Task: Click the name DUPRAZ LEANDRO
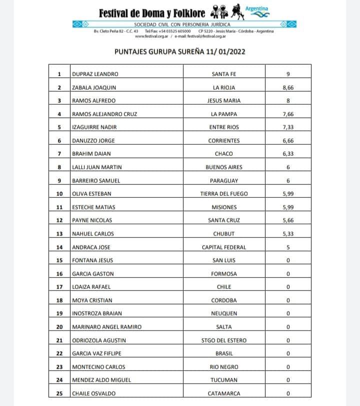(x=95, y=74)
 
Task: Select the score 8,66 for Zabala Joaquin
(x=287, y=88)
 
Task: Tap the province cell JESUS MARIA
(x=223, y=101)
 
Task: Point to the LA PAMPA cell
(x=223, y=114)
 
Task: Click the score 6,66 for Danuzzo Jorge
(x=287, y=141)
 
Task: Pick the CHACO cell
(x=223, y=154)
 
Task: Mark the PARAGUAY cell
(x=223, y=180)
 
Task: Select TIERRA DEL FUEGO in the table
(x=223, y=194)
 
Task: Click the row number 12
(x=59, y=220)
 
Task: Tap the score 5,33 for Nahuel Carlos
(x=287, y=233)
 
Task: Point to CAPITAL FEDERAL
(x=223, y=247)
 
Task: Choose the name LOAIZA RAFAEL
(x=91, y=287)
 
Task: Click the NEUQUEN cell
(x=223, y=313)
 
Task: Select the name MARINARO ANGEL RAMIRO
(x=107, y=326)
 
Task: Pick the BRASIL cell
(x=223, y=353)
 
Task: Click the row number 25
(x=59, y=393)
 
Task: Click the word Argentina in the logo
(x=257, y=9)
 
